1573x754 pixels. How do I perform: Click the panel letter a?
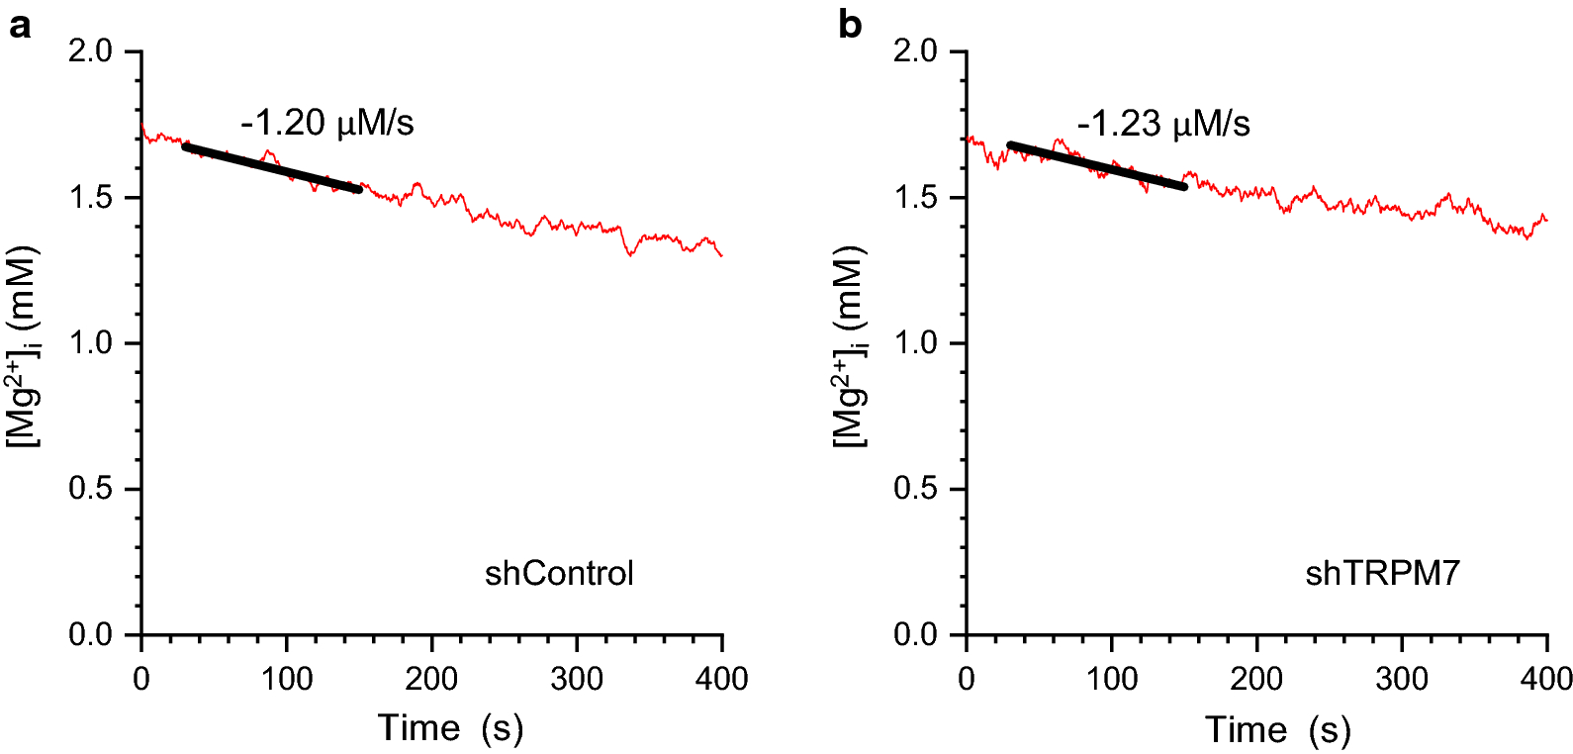point(19,26)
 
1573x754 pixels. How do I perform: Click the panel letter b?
point(849,25)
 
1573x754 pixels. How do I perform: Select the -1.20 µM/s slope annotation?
point(326,123)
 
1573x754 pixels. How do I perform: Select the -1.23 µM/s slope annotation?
point(1163,125)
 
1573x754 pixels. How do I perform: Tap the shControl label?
point(559,574)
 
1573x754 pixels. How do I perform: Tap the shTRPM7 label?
point(1382,574)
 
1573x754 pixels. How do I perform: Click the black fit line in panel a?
point(272,168)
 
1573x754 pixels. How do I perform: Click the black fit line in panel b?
point(1096,166)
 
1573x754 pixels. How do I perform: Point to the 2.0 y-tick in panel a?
point(90,51)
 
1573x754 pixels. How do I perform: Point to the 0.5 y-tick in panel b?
point(915,489)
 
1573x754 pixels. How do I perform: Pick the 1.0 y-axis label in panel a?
point(90,343)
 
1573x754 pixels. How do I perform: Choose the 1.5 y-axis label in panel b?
point(915,198)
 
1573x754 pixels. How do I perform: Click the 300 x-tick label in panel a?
point(577,679)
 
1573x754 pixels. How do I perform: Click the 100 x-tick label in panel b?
point(1112,679)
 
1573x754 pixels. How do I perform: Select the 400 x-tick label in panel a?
point(722,679)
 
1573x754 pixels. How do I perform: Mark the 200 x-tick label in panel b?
point(1256,679)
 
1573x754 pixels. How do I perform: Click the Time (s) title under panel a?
point(450,729)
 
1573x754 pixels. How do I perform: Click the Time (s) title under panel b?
point(1277,731)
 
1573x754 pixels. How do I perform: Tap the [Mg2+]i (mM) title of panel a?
point(25,346)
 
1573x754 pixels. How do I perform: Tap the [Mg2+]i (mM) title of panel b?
point(851,346)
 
